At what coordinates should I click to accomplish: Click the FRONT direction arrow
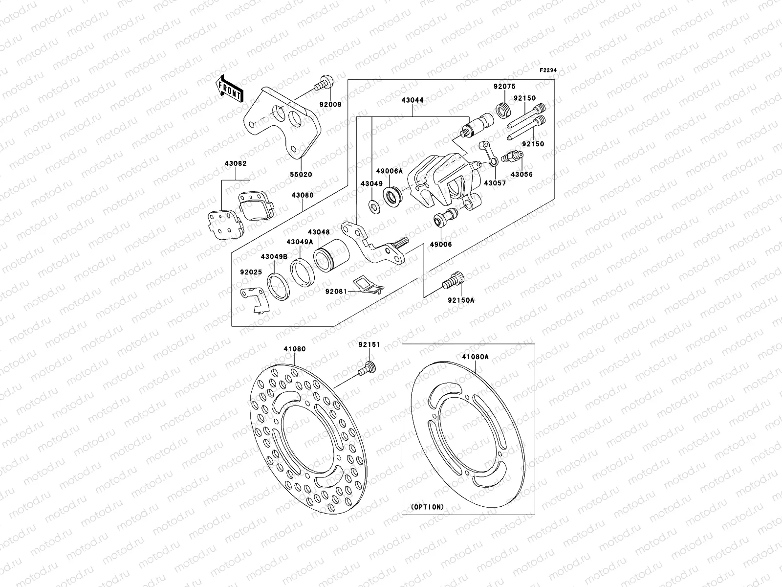(230, 90)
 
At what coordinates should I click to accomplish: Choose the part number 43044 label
(413, 100)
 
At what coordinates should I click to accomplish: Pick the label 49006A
(389, 171)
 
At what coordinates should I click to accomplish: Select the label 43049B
(274, 256)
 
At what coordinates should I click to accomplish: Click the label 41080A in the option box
(475, 357)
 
